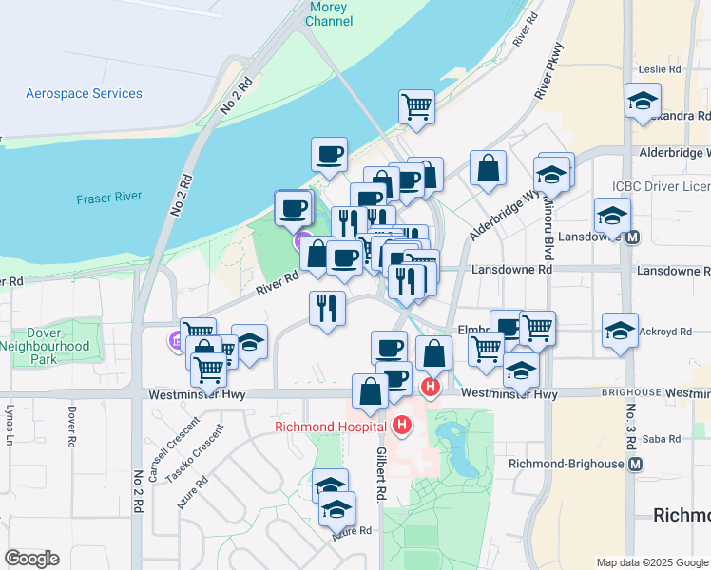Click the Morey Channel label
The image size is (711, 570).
(330, 14)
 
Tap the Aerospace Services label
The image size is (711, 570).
(84, 94)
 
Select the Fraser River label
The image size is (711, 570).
(109, 197)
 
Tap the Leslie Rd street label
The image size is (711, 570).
(661, 69)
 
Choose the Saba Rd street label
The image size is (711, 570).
(662, 439)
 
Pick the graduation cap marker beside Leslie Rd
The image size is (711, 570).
(643, 100)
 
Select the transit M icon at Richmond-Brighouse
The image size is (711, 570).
(636, 464)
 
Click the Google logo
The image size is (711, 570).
(31, 559)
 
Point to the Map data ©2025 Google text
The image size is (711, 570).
(652, 562)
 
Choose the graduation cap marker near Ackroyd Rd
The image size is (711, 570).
(620, 332)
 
